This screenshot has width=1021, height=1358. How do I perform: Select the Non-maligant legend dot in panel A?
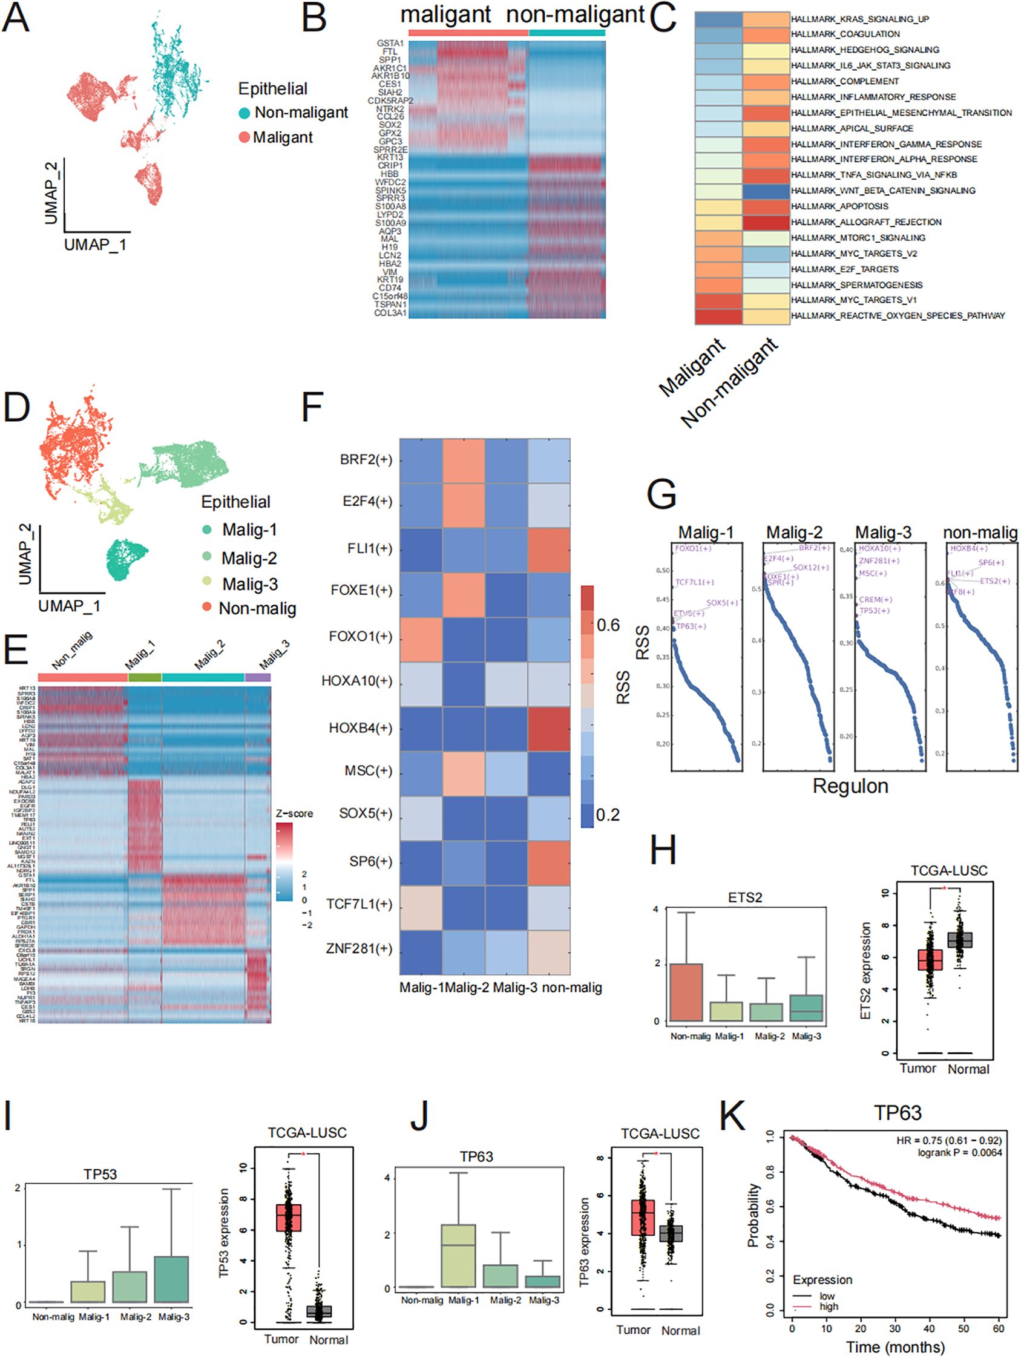(x=245, y=113)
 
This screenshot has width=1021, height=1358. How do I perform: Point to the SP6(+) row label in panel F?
(x=370, y=861)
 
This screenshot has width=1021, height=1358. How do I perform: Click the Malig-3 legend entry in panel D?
(x=249, y=584)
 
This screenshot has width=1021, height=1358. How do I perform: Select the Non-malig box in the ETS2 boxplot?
(x=686, y=991)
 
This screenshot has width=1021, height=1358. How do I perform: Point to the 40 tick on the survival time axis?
(x=930, y=1328)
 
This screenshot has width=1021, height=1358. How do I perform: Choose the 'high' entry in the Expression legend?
(x=828, y=1307)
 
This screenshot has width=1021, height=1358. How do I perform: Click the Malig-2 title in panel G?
(x=794, y=533)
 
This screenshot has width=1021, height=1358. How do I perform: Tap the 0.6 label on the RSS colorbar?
(x=608, y=625)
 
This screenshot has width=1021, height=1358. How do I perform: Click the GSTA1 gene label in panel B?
(x=390, y=44)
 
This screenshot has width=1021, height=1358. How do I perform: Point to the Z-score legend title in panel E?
(x=294, y=813)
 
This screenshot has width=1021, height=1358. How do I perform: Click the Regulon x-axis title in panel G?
(x=850, y=787)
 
